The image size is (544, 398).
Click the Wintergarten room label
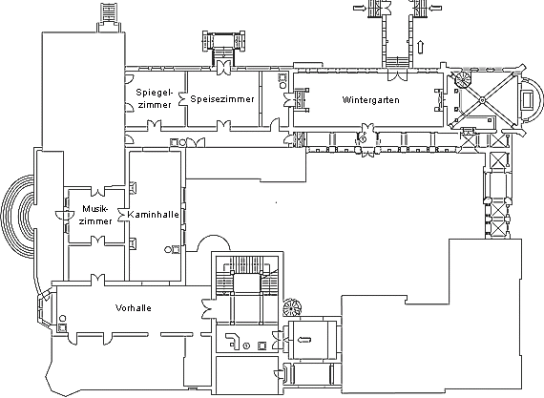tap(370, 100)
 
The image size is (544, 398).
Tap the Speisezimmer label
tap(222, 99)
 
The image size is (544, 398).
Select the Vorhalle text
tap(134, 307)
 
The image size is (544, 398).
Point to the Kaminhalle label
tap(153, 215)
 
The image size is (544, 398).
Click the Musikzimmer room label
tap(95, 215)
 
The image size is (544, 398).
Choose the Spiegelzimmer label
tap(155, 98)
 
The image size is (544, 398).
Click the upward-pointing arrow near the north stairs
tap(421, 47)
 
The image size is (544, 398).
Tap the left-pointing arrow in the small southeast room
tap(304, 340)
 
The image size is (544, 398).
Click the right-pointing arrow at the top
tap(360, 8)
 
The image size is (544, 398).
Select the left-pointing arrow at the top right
tap(435, 8)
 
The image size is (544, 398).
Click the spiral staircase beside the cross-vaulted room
tap(463, 80)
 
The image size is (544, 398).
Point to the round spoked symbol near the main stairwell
tap(291, 307)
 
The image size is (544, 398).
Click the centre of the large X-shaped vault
tap(482, 100)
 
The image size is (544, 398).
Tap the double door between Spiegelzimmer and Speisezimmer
tap(181, 99)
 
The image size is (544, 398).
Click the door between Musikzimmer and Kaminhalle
tap(122, 215)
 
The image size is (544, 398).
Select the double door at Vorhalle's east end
tap(207, 309)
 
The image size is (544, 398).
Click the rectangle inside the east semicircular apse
tap(527, 100)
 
